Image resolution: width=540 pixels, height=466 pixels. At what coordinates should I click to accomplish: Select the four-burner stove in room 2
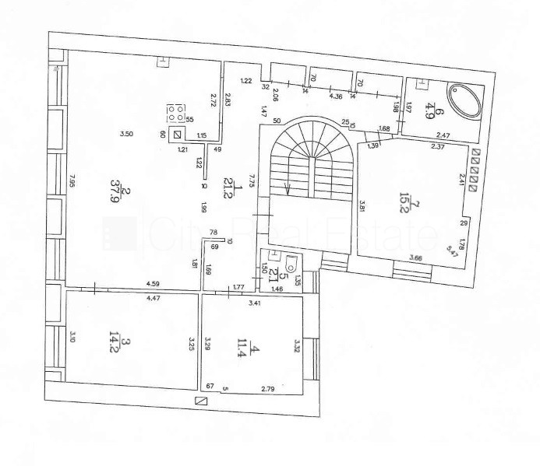[176, 114]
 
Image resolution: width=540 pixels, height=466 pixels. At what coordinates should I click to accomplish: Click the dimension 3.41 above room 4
[254, 303]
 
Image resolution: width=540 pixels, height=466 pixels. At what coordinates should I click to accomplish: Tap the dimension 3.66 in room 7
[416, 258]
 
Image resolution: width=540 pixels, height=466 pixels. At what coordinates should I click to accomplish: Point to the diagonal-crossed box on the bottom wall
[202, 401]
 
